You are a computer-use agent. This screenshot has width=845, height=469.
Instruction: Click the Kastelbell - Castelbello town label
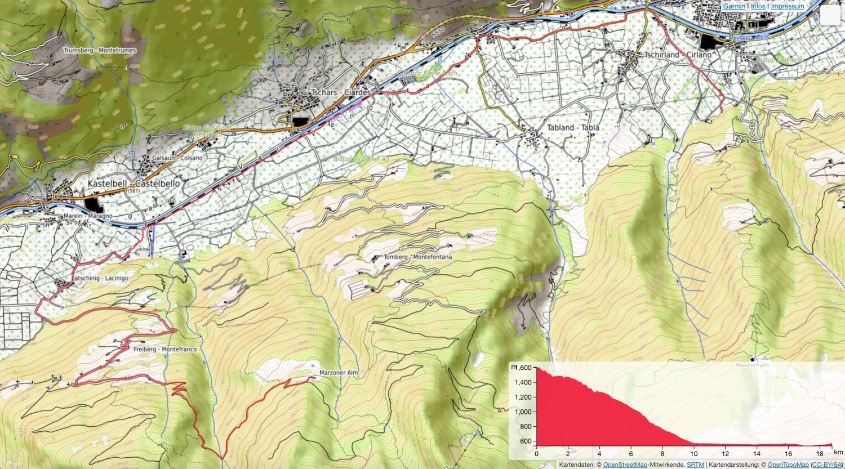(134, 184)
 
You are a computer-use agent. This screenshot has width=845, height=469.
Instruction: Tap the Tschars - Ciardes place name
(341, 92)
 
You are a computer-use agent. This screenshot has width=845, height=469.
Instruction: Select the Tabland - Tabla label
(573, 128)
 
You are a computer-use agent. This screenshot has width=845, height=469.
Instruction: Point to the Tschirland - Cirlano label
(678, 55)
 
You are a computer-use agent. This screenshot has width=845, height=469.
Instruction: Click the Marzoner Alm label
(339, 373)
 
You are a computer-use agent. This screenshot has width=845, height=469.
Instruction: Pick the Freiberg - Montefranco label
(165, 349)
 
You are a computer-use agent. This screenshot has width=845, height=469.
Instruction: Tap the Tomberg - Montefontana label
(417, 257)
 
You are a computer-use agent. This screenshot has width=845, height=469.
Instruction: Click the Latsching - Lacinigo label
(100, 278)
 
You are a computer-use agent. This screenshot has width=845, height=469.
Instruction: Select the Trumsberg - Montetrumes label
(100, 50)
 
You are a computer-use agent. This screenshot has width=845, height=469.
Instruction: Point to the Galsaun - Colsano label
(177, 158)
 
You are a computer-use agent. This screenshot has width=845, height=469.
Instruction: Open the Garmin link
(734, 6)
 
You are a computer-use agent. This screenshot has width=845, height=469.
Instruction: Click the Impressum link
(788, 6)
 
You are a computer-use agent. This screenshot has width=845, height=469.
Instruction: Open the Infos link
(758, 6)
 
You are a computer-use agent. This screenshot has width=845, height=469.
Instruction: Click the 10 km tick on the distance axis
(694, 453)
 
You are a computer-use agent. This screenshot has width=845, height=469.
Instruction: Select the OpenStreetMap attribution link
(625, 464)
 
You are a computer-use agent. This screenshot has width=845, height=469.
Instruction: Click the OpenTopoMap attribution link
(788, 464)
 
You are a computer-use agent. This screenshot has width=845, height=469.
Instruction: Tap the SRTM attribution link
(695, 464)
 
